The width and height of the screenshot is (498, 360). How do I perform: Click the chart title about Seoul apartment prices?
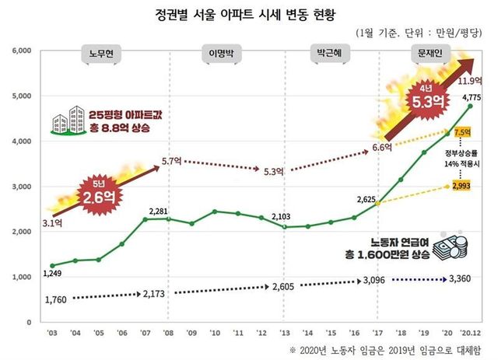(x=250, y=13)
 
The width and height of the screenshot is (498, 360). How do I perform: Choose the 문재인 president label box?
(x=426, y=55)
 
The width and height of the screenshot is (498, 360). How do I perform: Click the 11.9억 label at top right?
(x=471, y=81)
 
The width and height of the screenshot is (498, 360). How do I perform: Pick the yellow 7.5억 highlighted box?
(x=463, y=133)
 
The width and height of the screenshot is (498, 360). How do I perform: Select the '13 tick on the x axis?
(x=286, y=330)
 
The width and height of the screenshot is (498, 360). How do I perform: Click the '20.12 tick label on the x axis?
(x=471, y=330)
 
